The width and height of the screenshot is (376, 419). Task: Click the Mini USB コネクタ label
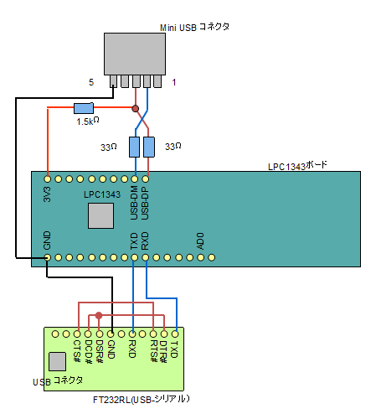click(x=194, y=27)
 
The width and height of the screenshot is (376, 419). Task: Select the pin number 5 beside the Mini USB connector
click(x=91, y=82)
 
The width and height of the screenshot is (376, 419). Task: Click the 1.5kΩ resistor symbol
click(x=83, y=108)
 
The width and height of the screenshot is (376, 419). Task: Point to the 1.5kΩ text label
click(x=89, y=122)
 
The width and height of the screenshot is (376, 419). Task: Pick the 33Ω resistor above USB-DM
click(x=134, y=147)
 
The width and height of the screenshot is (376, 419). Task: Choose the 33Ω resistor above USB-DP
click(x=149, y=147)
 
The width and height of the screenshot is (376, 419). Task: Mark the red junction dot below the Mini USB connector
click(x=136, y=108)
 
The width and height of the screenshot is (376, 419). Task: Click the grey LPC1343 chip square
click(x=100, y=215)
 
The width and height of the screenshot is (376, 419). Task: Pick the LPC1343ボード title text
click(x=298, y=165)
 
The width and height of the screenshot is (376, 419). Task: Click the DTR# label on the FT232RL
click(x=163, y=349)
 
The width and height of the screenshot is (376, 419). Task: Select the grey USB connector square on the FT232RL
click(x=58, y=362)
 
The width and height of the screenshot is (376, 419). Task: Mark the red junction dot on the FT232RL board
click(x=99, y=316)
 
